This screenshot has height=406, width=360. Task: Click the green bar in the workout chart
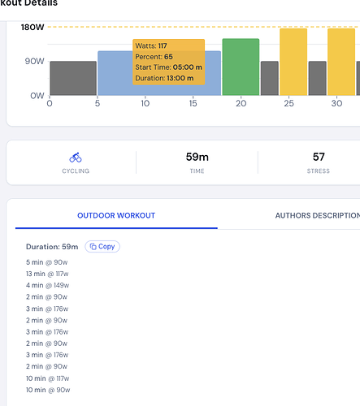coord(241,67)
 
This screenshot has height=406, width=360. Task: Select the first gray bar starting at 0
coord(73,78)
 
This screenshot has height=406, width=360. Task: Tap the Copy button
coord(102,247)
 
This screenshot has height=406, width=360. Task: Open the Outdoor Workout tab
coord(116,215)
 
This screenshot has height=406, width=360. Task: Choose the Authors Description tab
coord(318,215)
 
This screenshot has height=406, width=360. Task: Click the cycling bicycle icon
coord(76,158)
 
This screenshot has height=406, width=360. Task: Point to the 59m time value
coord(197,157)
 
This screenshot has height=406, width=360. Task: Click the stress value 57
coord(319,157)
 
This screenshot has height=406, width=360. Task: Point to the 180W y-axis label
coord(33,27)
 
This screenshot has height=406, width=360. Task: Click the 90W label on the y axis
coord(34,61)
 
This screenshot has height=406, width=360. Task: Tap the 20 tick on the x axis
coord(241,103)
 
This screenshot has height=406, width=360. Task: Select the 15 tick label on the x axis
coord(193,103)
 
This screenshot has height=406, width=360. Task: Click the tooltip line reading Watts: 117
coord(151,45)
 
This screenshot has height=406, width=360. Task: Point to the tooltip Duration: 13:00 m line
coord(164,78)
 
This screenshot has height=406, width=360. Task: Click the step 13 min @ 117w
coord(47,274)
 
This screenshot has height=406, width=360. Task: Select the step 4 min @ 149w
coord(48,285)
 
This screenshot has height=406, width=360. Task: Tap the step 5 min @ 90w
coord(47,262)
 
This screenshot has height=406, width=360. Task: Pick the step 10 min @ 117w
coord(48,378)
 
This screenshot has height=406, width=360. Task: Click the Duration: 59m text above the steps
coord(52,247)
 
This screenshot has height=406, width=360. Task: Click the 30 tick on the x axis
coord(336,103)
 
